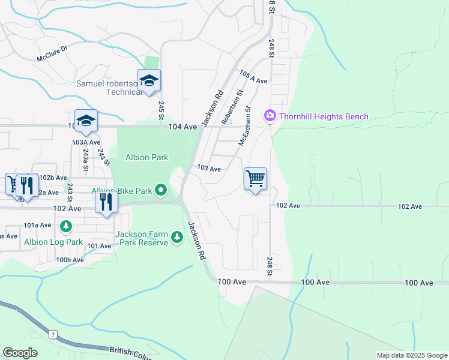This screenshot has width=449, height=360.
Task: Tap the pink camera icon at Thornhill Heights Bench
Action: pos(270,115)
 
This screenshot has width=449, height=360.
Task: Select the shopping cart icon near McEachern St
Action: pos(256,179)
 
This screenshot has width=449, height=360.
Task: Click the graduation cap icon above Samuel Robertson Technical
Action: pos(149,80)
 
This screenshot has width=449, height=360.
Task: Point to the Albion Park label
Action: pos(146,157)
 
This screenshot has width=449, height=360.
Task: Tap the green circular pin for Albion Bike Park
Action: pos(161,191)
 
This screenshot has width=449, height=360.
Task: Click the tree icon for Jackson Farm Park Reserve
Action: pos(177,238)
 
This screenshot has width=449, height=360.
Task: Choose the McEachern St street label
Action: pos(244,131)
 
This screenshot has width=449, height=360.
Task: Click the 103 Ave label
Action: pos(209,169)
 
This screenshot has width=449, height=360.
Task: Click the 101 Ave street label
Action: pos(99,246)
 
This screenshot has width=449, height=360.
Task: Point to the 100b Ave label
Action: pos(70,260)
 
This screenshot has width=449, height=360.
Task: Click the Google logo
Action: pos(20,353)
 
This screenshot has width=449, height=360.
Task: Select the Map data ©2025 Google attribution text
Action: pos(411,355)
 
